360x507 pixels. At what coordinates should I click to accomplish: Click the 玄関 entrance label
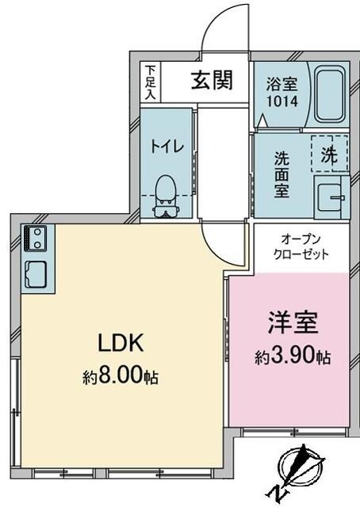pos(211,80)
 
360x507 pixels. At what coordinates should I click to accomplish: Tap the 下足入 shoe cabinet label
pos(151,82)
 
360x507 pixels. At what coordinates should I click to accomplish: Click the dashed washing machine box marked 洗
pos(328,155)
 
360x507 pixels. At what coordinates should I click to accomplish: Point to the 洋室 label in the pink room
pos(292,324)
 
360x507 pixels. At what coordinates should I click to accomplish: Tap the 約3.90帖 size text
pos(293,357)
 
